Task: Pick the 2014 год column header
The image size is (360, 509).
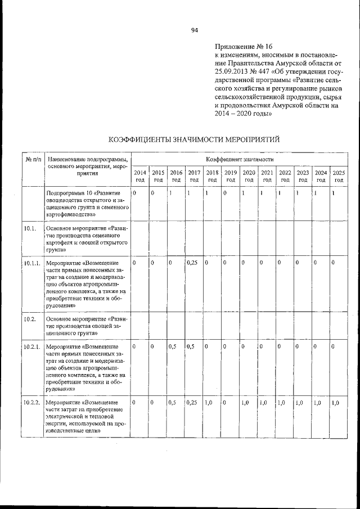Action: (141, 176)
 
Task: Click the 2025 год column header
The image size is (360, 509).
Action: (339, 176)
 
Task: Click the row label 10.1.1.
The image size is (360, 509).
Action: (32, 263)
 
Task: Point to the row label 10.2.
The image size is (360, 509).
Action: (30, 319)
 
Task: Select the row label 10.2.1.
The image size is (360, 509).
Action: (32, 346)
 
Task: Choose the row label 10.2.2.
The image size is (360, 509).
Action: (32, 403)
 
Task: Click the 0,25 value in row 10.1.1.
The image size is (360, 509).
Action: (192, 263)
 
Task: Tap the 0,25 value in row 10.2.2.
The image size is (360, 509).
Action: (192, 403)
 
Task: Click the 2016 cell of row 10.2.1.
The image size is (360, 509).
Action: (173, 346)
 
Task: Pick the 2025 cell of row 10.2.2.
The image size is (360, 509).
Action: (336, 403)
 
